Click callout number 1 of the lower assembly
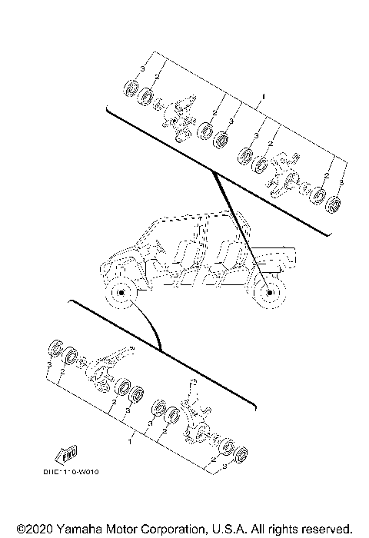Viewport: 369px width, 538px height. [x=130, y=443]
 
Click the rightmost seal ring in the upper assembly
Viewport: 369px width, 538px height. [x=334, y=205]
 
